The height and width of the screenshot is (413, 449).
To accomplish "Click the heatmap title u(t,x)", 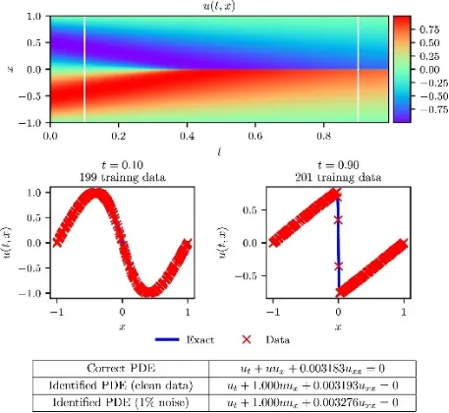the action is pyautogui.click(x=219, y=6).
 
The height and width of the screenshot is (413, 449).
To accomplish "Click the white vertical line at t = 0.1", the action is pyautogui.click(x=84, y=69).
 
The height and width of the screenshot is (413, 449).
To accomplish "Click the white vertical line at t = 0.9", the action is pyautogui.click(x=358, y=69).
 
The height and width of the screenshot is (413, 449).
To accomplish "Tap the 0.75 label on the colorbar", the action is pyautogui.click(x=429, y=29).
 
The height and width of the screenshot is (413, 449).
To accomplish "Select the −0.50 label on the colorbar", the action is pyautogui.click(x=433, y=96).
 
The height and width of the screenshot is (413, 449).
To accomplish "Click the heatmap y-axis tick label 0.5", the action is pyautogui.click(x=33, y=42).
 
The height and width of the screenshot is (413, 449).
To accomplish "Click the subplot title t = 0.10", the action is pyautogui.click(x=122, y=164).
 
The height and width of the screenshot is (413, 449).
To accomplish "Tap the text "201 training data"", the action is pyautogui.click(x=338, y=177).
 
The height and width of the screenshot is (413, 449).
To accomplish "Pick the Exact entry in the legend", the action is pyautogui.click(x=185, y=339).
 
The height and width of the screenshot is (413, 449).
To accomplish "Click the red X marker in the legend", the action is pyautogui.click(x=247, y=339).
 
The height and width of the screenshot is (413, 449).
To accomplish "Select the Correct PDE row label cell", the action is pyautogui.click(x=121, y=368).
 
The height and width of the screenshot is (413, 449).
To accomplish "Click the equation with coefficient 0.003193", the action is pyautogui.click(x=312, y=385).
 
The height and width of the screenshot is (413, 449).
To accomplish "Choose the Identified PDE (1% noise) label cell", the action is pyautogui.click(x=121, y=402).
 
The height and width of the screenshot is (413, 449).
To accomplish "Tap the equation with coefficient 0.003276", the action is pyautogui.click(x=312, y=402).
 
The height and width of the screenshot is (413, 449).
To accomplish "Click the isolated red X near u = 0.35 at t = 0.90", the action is pyautogui.click(x=338, y=219).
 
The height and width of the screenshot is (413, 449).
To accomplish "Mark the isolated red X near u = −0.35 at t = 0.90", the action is pyautogui.click(x=338, y=265).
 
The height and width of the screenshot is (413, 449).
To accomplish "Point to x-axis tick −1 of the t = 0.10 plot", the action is pyautogui.click(x=57, y=312).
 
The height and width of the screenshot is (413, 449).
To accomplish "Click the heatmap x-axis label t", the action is pyautogui.click(x=219, y=151).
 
